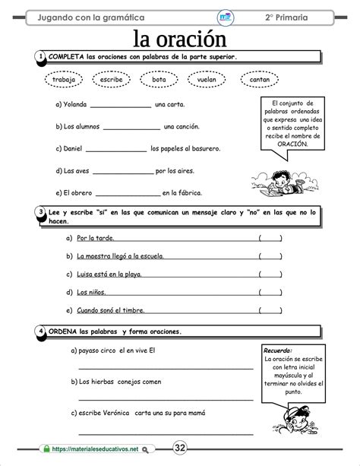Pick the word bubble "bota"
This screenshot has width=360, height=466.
point(159,78)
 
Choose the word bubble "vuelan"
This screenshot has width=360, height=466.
point(207,78)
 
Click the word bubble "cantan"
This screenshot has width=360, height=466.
point(259,78)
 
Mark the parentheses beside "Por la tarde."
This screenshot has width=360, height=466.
point(270,238)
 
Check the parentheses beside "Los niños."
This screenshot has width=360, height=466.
point(270,292)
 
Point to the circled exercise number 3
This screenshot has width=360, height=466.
point(39,212)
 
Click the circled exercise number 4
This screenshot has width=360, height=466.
point(39,332)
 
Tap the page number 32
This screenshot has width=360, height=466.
point(180,448)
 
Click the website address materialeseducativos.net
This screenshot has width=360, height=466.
point(96,449)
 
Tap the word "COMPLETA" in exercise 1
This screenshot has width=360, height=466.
point(65,56)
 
